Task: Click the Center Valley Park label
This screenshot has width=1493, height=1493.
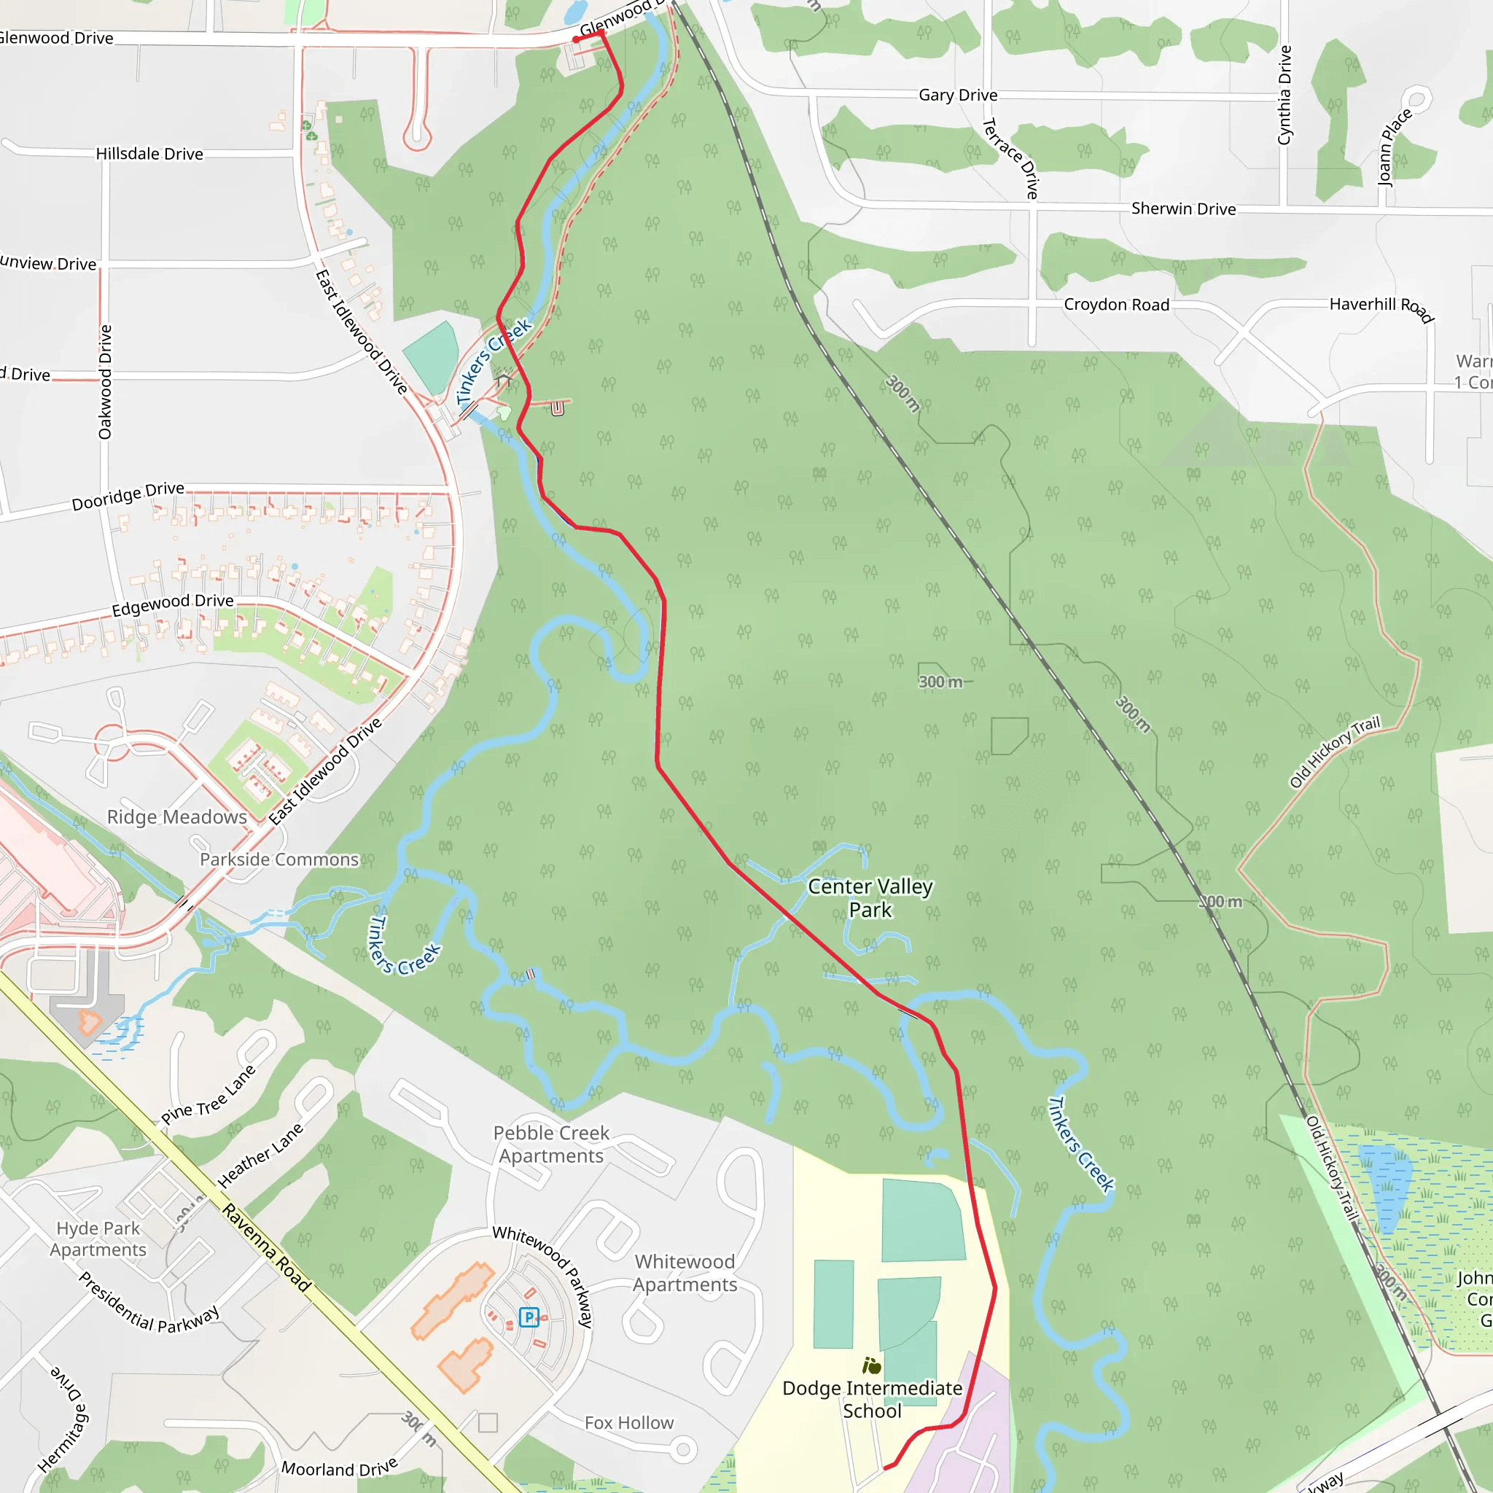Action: coord(870,898)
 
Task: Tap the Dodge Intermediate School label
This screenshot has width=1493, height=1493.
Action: coord(872,1400)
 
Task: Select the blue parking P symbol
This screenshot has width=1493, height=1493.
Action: coord(529,1317)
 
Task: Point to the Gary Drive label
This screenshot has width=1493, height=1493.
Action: coord(957,95)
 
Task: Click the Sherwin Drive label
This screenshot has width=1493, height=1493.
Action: coord(1183,208)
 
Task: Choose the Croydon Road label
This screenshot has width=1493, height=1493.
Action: coord(1116,305)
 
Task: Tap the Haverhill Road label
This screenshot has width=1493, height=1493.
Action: coord(1381,308)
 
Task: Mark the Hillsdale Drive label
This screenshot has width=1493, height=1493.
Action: coord(149,154)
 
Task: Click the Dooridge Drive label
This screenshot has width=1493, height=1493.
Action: coord(128,496)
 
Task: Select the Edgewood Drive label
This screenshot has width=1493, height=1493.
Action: coord(172,604)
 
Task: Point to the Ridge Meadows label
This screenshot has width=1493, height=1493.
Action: coord(177,816)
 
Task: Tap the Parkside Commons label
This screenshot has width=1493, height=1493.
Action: coord(279,859)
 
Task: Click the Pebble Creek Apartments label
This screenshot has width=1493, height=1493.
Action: coord(551,1145)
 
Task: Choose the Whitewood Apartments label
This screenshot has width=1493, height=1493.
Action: coord(685,1273)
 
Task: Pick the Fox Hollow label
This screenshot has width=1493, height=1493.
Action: coord(629,1423)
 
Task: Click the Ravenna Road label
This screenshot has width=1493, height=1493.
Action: coord(268,1247)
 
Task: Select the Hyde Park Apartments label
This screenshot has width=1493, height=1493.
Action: coord(98,1239)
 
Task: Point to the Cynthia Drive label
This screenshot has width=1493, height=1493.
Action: coord(1285,95)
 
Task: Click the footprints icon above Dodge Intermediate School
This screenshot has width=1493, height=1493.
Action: coord(872,1365)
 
